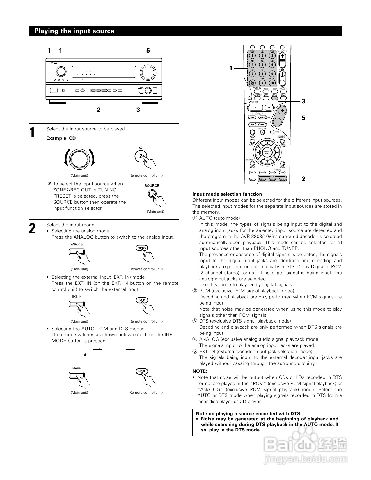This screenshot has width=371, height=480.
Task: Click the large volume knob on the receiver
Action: click(x=148, y=72)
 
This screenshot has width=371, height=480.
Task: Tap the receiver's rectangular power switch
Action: click(x=54, y=91)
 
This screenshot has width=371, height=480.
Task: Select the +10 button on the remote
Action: click(x=272, y=83)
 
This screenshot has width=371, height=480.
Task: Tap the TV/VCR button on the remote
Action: click(x=253, y=83)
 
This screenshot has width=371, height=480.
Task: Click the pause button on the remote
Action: click(x=252, y=132)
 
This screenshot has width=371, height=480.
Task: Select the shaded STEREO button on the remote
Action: click(x=274, y=98)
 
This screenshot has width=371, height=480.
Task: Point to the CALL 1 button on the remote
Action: click(x=253, y=173)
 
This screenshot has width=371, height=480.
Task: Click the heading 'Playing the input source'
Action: click(x=74, y=31)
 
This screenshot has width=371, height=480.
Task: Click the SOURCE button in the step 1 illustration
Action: click(x=152, y=194)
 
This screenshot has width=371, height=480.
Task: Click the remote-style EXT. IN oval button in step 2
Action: click(x=142, y=300)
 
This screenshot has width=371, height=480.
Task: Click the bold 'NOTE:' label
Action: click(x=200, y=371)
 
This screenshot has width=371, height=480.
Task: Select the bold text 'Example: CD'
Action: click(x=61, y=138)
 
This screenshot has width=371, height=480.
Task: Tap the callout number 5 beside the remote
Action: click(x=303, y=118)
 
